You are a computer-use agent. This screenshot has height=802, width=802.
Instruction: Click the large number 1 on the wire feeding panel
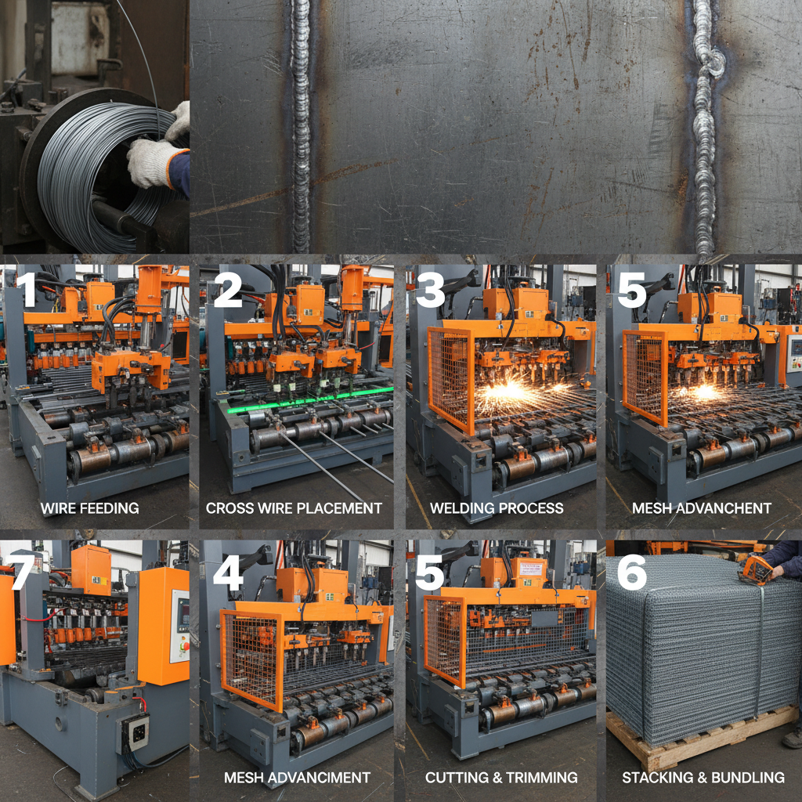coord(28,289)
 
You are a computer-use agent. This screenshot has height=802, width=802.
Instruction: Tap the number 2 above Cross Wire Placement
coord(227,289)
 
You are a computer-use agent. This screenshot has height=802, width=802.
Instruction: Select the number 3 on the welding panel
coord(430,289)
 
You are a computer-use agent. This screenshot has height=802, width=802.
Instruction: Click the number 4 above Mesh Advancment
coord(227,573)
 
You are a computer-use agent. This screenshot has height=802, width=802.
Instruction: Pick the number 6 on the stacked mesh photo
coord(631,573)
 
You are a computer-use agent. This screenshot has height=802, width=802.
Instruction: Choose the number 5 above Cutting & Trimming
coord(430,573)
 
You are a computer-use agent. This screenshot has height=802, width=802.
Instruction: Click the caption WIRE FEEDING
coord(89,508)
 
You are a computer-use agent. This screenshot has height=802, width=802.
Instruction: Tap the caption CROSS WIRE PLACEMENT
coord(294,508)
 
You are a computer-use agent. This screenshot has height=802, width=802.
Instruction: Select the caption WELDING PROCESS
coord(497,508)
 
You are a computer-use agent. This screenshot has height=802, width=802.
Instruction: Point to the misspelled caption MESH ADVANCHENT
coord(702,508)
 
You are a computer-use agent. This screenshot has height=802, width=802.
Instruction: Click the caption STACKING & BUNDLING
coord(703,778)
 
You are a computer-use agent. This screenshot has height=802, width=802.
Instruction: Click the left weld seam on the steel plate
coord(300,125)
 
